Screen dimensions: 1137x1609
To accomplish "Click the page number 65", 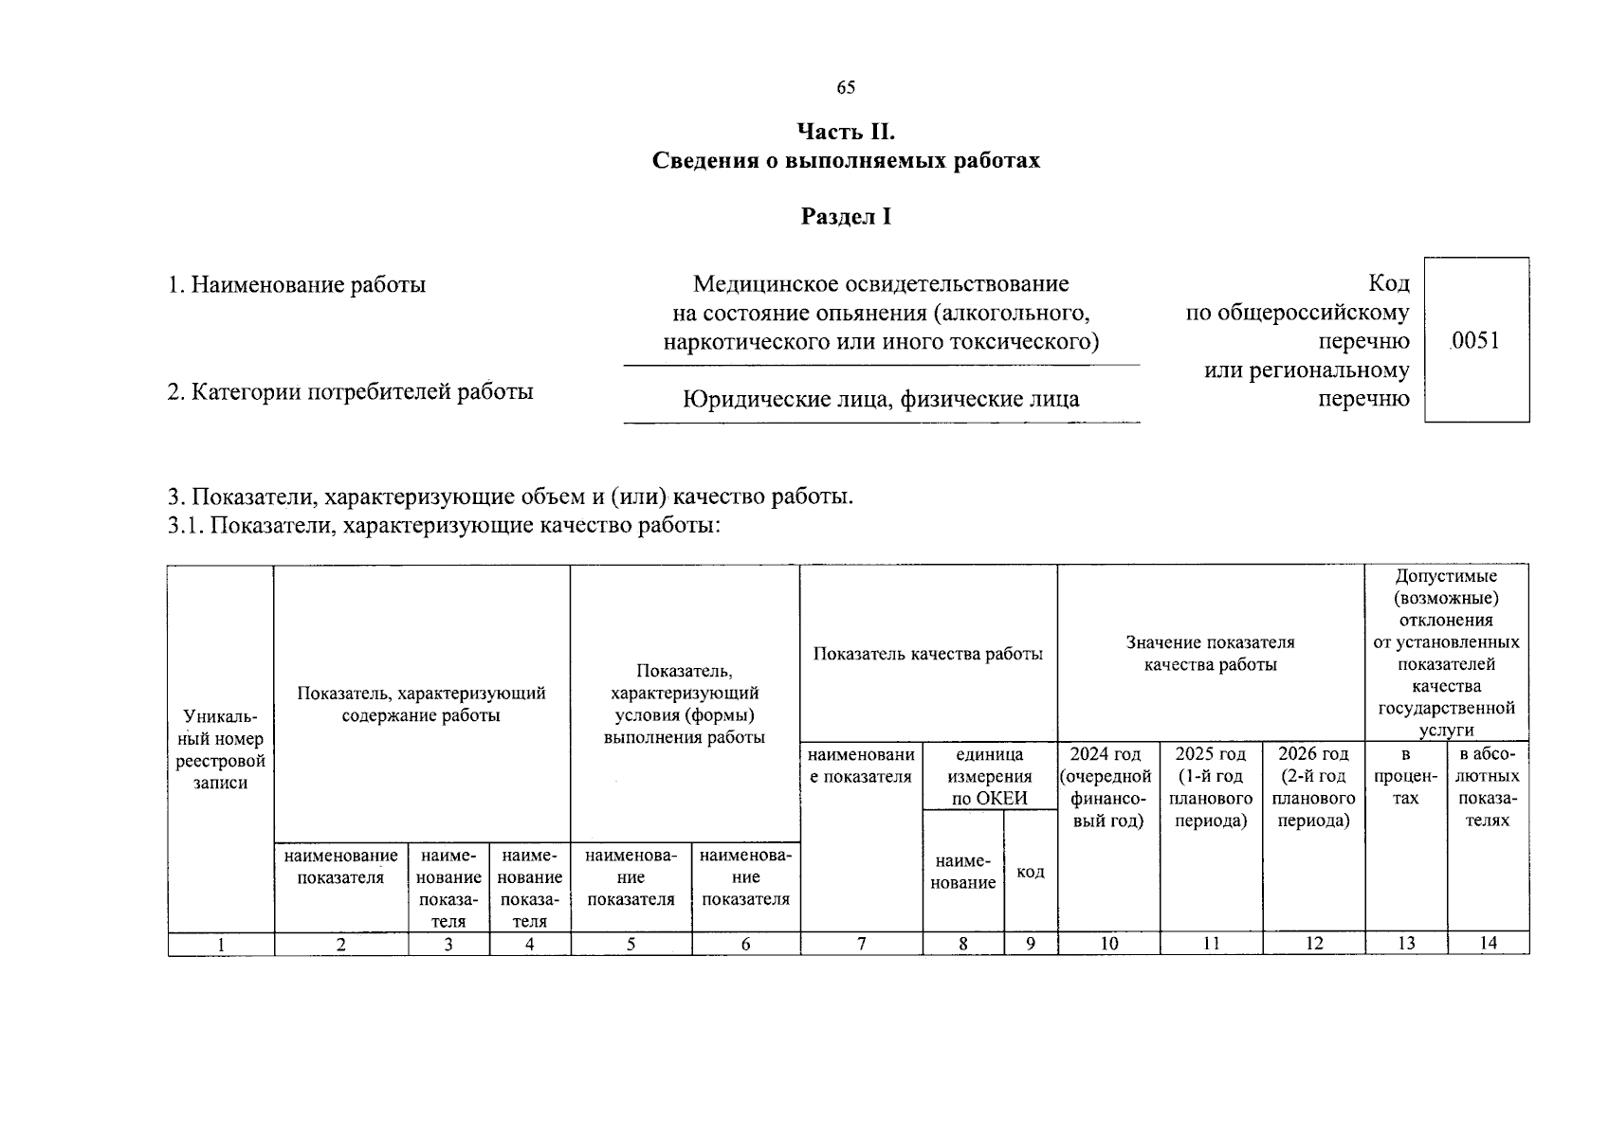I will click(x=846, y=88).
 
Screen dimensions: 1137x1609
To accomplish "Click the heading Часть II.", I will click(x=846, y=131).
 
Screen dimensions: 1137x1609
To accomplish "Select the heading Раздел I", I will click(x=846, y=217).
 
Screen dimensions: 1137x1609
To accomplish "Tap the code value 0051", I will click(x=1475, y=340).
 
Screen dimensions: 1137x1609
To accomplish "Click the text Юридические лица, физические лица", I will click(x=881, y=399).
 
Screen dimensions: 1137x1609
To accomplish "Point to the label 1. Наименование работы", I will click(x=297, y=284).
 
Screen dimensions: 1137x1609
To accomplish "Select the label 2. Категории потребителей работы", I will click(x=350, y=391).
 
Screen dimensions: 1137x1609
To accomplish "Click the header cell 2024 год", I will click(x=1108, y=787).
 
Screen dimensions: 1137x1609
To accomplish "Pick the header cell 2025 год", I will click(x=1211, y=787).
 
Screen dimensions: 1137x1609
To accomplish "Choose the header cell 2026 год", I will click(x=1313, y=787).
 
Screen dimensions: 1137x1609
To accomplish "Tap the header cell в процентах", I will click(x=1405, y=776).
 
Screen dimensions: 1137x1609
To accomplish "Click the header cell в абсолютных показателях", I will click(x=1488, y=787).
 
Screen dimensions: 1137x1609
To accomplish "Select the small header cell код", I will click(x=1030, y=872).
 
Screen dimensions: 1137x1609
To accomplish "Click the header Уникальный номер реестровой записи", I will click(x=220, y=749).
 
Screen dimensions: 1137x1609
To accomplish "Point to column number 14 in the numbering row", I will click(x=1488, y=943).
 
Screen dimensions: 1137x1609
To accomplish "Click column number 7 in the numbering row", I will click(x=861, y=943).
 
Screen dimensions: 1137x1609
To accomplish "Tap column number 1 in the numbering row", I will click(x=221, y=944).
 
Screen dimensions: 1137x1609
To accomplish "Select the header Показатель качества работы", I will click(x=927, y=654).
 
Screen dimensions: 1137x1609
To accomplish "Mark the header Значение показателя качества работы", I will click(x=1210, y=654).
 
